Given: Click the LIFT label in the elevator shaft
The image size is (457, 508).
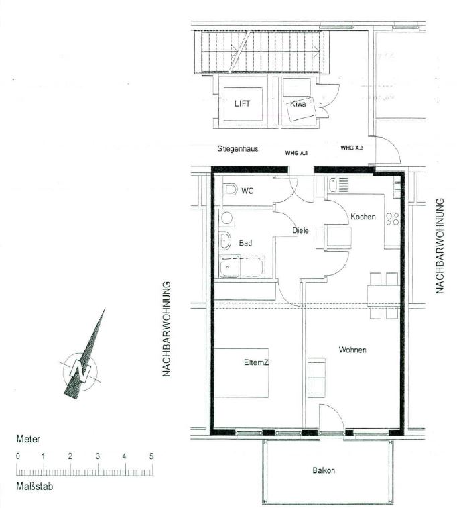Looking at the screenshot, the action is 243,103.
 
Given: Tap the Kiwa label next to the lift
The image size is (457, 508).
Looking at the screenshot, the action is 298,103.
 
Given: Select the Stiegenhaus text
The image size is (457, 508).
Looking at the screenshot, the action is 238,149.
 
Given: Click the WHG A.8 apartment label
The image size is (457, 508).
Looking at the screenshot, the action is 296,153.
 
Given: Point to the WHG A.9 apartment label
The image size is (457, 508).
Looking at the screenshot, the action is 352,148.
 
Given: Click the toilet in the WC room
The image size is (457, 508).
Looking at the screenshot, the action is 230,189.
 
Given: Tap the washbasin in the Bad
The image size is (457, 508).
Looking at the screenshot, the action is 224,241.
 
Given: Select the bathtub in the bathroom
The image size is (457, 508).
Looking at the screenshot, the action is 242,266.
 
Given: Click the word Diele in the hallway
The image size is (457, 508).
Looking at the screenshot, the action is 300,230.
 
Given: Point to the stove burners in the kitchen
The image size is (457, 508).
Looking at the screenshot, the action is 392,219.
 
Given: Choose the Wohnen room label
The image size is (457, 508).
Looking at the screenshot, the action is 352,350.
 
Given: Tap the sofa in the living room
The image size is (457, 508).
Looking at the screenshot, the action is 316,377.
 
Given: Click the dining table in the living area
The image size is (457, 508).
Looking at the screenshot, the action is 383,295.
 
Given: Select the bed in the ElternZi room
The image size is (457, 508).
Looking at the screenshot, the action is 242,373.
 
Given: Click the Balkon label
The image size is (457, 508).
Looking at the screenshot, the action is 324,470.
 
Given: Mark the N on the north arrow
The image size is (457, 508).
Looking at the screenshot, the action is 80,370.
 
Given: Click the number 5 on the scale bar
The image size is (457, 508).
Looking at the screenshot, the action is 151,456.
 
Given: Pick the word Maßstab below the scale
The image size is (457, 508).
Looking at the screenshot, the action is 35,487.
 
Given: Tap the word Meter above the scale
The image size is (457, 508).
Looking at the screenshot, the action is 28,439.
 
